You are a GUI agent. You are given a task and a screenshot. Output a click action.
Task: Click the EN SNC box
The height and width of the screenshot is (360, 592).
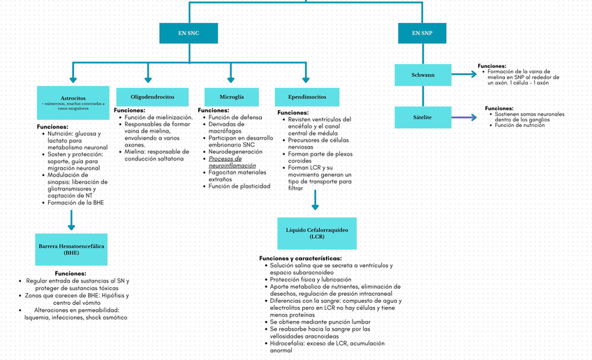[188, 33]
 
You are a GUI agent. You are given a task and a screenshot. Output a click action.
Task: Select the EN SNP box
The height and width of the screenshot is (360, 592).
[422, 33]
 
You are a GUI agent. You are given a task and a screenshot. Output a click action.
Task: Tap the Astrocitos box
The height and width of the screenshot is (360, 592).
[73, 102]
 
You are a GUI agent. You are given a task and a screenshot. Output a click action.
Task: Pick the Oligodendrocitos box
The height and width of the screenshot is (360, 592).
[152, 96]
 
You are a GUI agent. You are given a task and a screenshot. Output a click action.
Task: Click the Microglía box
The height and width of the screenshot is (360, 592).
[231, 96]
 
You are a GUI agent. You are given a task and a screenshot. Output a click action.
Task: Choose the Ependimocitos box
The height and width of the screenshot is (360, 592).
[307, 96]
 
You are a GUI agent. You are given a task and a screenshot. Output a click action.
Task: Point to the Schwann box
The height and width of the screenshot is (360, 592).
[422, 75]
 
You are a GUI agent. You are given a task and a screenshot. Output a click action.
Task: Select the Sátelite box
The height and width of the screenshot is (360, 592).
[422, 117]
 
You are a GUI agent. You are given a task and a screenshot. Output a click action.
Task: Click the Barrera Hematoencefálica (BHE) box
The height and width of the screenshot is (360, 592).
[71, 249]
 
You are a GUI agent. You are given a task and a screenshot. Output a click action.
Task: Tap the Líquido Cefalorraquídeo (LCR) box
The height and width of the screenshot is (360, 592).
[316, 233]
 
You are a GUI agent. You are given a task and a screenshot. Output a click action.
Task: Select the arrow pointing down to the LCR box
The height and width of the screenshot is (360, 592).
[315, 200]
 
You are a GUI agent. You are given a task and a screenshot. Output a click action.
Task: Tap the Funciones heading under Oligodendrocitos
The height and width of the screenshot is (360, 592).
[129, 110]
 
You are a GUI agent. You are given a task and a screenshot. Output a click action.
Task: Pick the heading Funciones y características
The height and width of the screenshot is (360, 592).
[296, 259]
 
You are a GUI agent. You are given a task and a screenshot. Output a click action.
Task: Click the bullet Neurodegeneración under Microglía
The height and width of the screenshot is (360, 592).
[235, 151]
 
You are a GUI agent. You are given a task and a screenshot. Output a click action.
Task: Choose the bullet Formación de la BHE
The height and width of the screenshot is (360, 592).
[77, 202]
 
